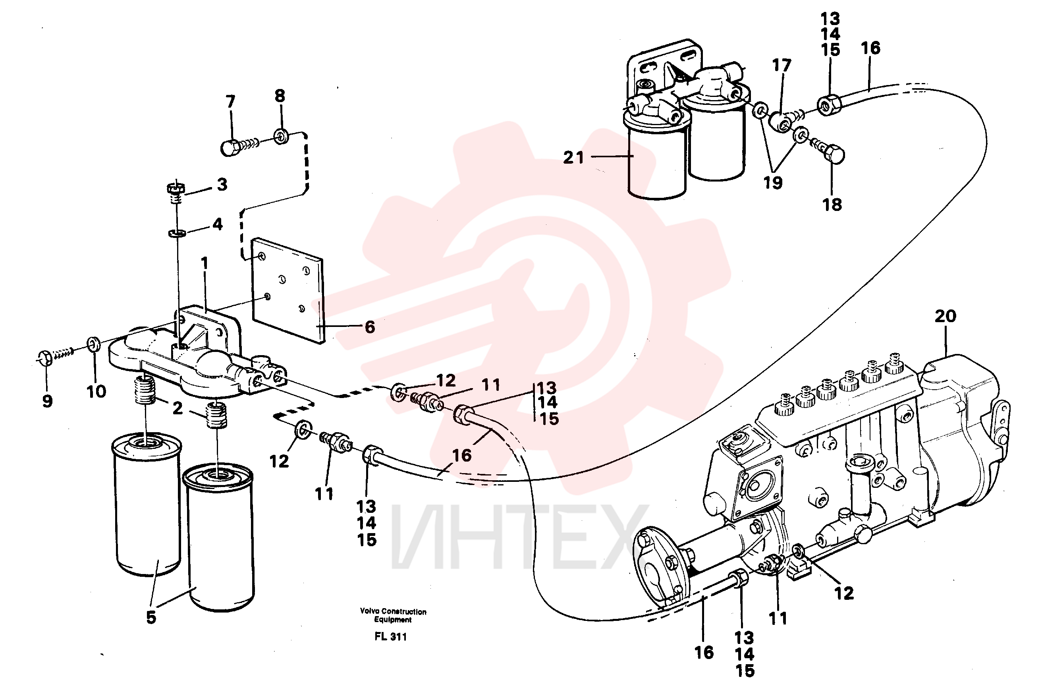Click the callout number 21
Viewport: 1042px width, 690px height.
point(573,158)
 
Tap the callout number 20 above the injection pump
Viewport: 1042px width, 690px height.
point(945,316)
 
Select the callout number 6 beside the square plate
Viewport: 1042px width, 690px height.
point(370,327)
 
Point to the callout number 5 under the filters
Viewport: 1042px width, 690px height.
point(151,617)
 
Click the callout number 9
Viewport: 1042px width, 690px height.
point(48,401)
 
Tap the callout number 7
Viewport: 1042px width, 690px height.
point(230,102)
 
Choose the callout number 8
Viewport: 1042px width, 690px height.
point(280,95)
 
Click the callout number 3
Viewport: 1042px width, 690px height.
point(222,184)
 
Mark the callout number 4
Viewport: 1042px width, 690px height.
point(217,224)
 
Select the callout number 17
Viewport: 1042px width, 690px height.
point(781,66)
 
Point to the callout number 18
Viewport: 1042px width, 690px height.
point(832,205)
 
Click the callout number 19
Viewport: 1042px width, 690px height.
point(773,183)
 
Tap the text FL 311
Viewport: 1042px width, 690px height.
point(391,637)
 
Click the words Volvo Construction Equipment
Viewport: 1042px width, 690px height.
point(393,615)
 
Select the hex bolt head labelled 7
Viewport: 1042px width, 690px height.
point(229,148)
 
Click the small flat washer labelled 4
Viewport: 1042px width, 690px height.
point(177,232)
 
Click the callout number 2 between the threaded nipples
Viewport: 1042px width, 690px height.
point(177,408)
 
